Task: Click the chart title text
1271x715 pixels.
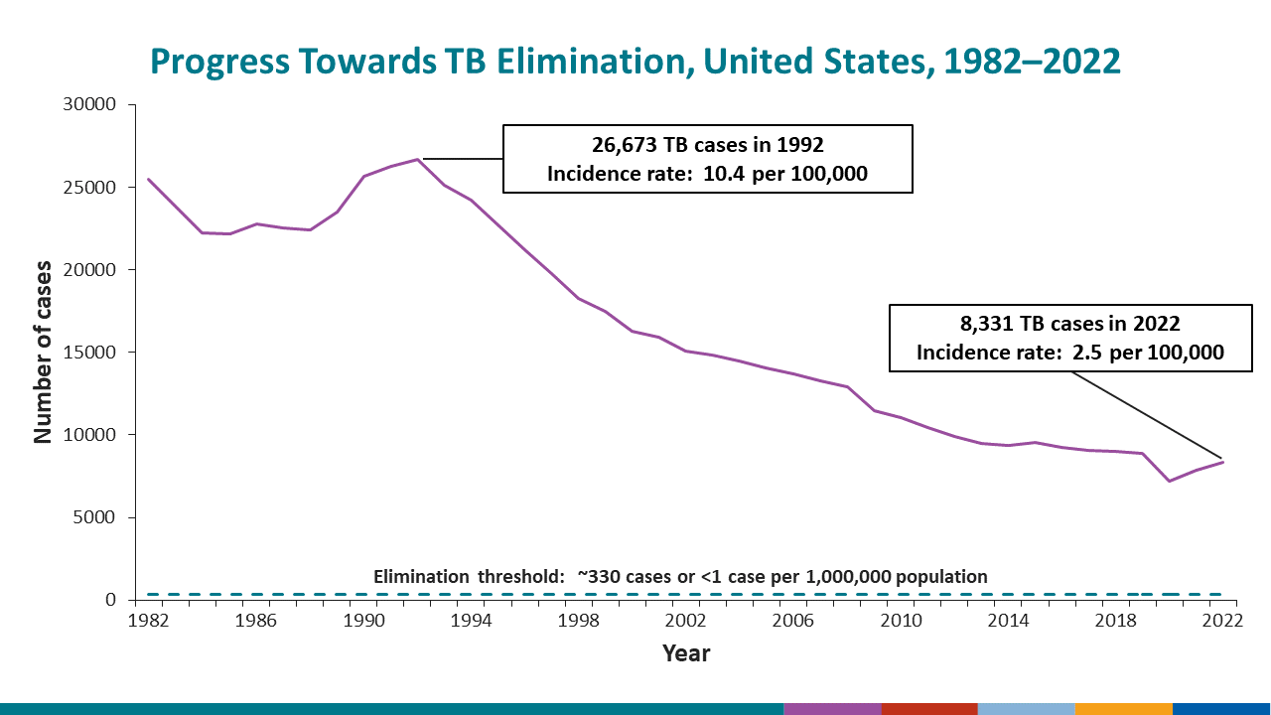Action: tap(635, 62)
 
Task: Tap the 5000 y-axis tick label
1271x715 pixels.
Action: tap(95, 517)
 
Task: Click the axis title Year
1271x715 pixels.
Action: tap(686, 653)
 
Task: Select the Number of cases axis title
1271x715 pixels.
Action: tap(44, 353)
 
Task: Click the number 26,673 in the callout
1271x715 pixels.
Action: tap(627, 145)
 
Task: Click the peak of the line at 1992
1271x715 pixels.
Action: tap(418, 159)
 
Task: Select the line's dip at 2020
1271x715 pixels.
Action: tap(1169, 481)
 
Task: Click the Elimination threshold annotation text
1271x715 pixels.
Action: tap(680, 577)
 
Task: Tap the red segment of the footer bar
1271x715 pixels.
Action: tap(929, 709)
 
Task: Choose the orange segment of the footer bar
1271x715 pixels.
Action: tap(1123, 709)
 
